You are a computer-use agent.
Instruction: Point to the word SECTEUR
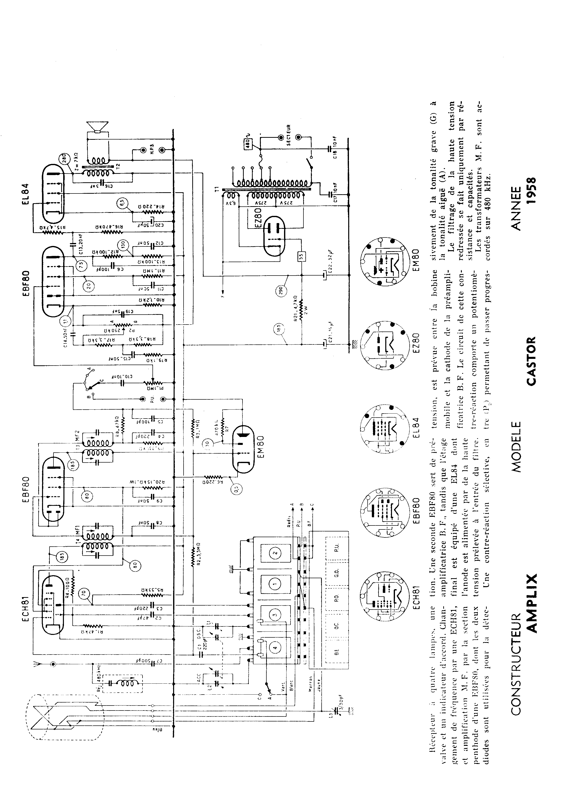(289, 135)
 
